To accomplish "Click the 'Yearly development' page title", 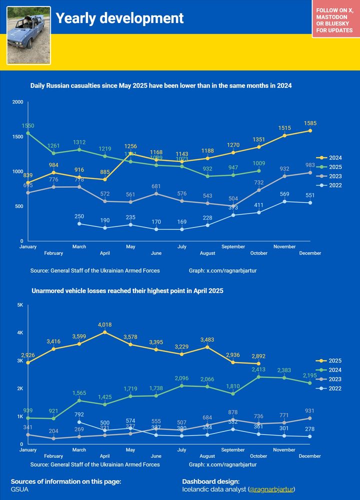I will (119, 18).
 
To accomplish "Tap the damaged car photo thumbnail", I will (28, 35).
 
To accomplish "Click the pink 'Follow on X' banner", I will (334, 20).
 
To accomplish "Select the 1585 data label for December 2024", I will (310, 123).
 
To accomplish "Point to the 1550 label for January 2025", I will (28, 125).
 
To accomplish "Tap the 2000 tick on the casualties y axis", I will (18, 102).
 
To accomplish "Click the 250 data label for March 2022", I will (79, 216).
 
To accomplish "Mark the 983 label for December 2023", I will (310, 165).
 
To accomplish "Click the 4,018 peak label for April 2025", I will (105, 324).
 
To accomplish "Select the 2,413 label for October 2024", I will (258, 369).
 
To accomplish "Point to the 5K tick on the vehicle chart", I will (20, 305).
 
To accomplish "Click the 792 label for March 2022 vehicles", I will (79, 414).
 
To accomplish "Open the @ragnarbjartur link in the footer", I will (272, 489).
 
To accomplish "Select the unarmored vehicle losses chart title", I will (127, 290).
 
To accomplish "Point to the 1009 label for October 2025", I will (258, 163).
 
